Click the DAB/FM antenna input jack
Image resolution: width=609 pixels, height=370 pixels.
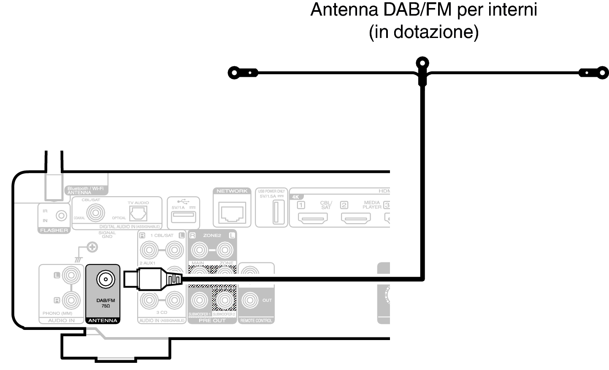tap(103, 279)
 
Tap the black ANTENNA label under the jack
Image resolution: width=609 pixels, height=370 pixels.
tap(103, 321)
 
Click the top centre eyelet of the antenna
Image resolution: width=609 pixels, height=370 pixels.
tap(422, 64)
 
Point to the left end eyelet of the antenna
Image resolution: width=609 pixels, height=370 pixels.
tap(234, 73)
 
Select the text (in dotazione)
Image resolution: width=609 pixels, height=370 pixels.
tap(423, 32)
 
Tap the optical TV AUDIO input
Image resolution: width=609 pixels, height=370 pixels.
tap(138, 213)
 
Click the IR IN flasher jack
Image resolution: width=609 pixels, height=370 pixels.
tap(62, 216)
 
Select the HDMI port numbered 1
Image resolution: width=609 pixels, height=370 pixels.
tap(313, 219)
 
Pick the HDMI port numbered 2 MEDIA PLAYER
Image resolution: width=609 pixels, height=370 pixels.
tap(356, 219)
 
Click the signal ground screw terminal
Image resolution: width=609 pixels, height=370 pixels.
tap(92, 247)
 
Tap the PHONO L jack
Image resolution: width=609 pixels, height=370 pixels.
tap(71, 275)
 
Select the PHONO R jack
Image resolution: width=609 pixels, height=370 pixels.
tap(71, 300)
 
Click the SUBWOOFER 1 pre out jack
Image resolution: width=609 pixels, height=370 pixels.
tap(199, 300)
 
